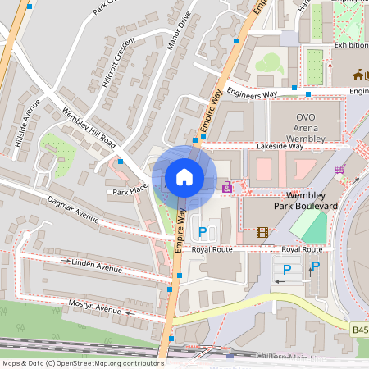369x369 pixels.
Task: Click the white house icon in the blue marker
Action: (184, 177)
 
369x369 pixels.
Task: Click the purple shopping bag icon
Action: (226, 188)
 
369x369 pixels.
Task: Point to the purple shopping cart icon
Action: (339, 170)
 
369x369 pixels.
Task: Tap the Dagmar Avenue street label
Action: (73, 210)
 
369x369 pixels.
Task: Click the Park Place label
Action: (130, 191)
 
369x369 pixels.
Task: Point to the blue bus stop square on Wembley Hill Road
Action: (121, 162)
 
